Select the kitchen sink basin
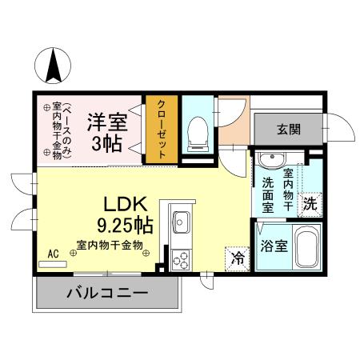pos(181,220)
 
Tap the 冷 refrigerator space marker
pos(237,258)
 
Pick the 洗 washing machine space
pos(310,203)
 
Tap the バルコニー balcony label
pos(106,294)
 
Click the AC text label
pos(54,254)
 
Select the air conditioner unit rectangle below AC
pos(54,263)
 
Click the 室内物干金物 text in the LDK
pos(110,245)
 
